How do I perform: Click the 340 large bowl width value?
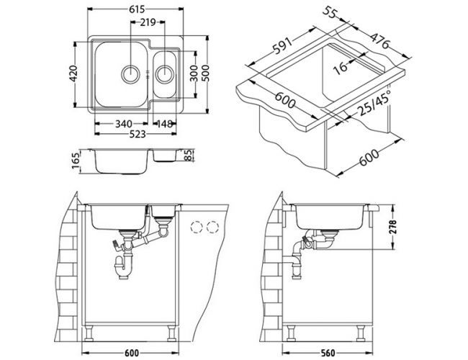(x=122, y=122)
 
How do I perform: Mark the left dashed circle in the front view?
(x=194, y=228)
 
